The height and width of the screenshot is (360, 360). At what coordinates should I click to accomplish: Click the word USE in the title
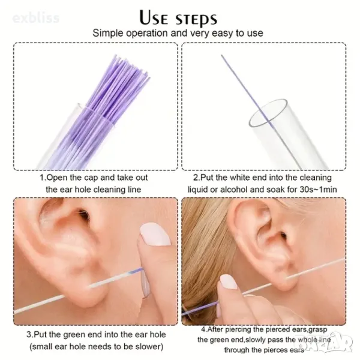coord(154,18)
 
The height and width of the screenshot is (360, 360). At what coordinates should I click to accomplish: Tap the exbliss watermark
coord(36,18)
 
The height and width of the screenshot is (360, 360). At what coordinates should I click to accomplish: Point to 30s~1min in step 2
coord(318,190)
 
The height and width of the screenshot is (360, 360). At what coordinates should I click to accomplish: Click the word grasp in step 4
coord(318,330)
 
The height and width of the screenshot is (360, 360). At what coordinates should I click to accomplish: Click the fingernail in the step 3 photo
coord(155,235)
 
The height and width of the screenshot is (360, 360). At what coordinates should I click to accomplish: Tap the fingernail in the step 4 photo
coord(229,282)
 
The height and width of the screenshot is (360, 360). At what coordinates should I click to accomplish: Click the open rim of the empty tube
coord(268,113)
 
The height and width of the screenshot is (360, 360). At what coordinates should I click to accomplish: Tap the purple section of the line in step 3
coord(136,271)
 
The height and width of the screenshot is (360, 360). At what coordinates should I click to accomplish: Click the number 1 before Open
coord(42,178)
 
